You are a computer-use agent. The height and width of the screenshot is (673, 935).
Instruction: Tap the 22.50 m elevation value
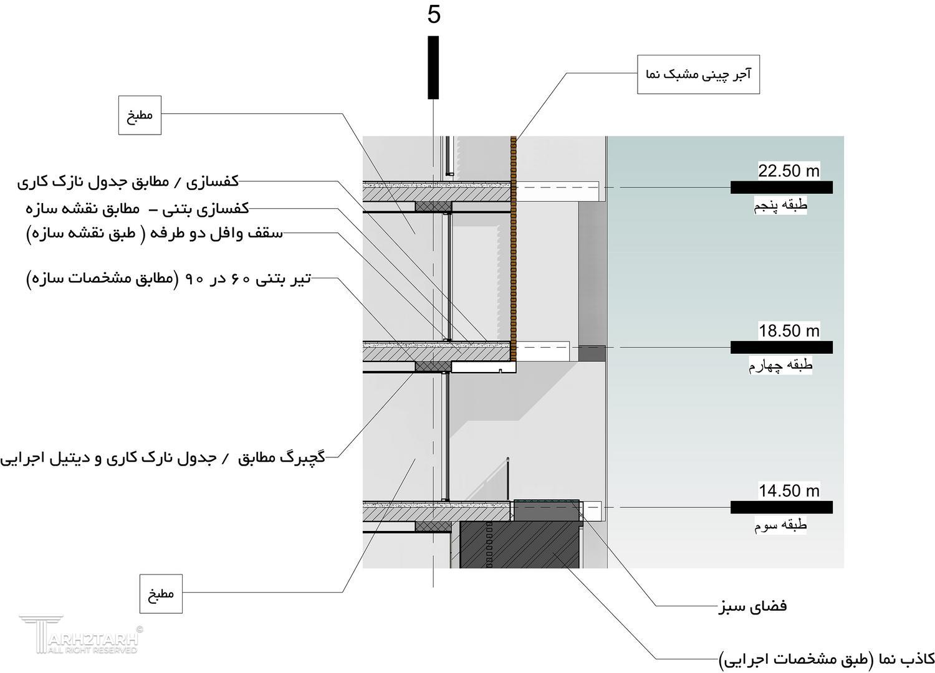click(x=789, y=171)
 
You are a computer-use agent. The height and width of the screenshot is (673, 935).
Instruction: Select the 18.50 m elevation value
click(x=789, y=331)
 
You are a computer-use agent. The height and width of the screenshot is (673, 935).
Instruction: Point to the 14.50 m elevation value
click(x=789, y=491)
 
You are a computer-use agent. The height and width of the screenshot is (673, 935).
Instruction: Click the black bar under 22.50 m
click(x=782, y=187)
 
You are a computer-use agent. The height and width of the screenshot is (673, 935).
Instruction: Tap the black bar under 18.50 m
click(x=782, y=347)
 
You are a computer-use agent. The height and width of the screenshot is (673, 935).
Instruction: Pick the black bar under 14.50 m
click(x=782, y=507)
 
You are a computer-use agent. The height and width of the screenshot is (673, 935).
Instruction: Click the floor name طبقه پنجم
click(x=781, y=206)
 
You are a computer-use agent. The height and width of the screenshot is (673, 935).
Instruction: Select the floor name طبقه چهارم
click(x=780, y=366)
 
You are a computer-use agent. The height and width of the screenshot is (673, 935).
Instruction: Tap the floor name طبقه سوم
click(x=780, y=526)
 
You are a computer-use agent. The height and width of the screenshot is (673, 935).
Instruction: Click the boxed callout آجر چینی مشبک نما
click(x=698, y=75)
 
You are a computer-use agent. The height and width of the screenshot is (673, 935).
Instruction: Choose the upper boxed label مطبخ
click(x=140, y=115)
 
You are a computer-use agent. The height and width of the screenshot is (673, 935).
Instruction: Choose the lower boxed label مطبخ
click(x=161, y=593)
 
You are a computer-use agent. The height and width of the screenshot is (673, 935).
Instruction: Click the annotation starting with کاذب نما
click(x=827, y=659)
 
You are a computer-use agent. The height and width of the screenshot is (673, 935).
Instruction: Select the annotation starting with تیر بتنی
click(x=168, y=279)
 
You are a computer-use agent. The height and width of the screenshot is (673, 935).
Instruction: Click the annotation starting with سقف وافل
click(x=155, y=234)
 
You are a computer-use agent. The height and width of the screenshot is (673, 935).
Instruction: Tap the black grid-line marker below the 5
click(x=433, y=67)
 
